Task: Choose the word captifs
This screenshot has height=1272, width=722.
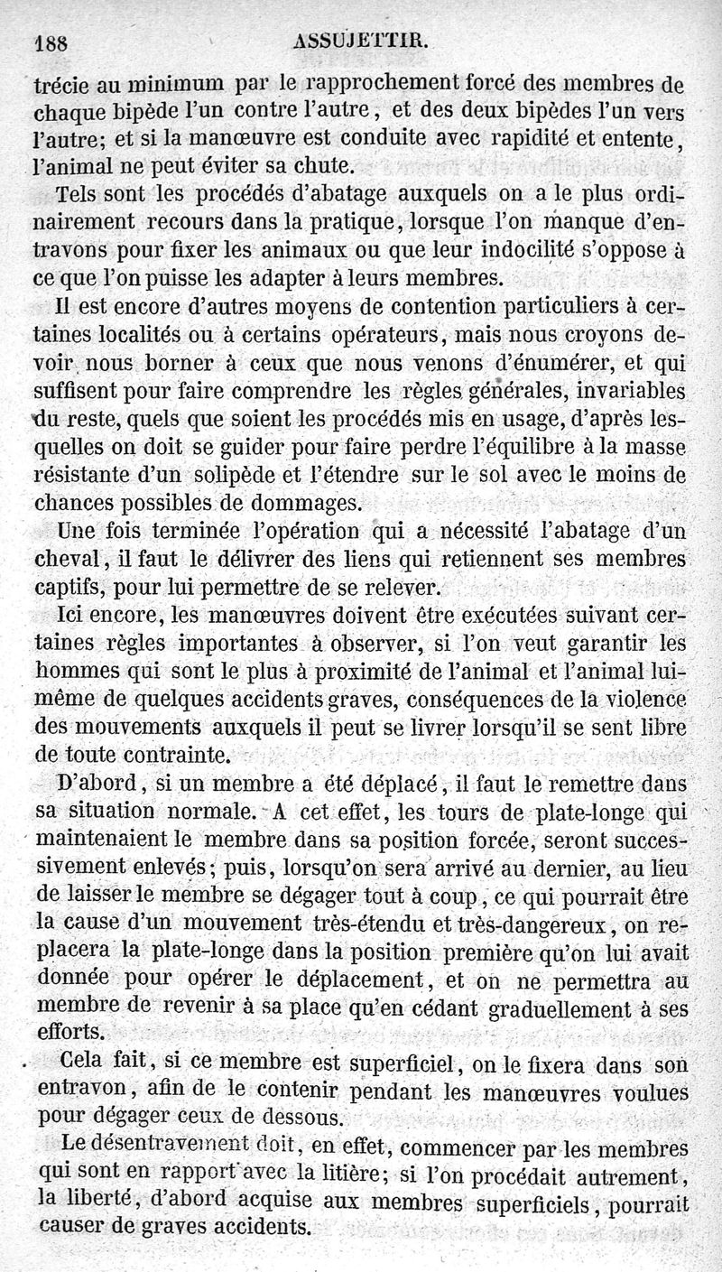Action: click(x=69, y=587)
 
